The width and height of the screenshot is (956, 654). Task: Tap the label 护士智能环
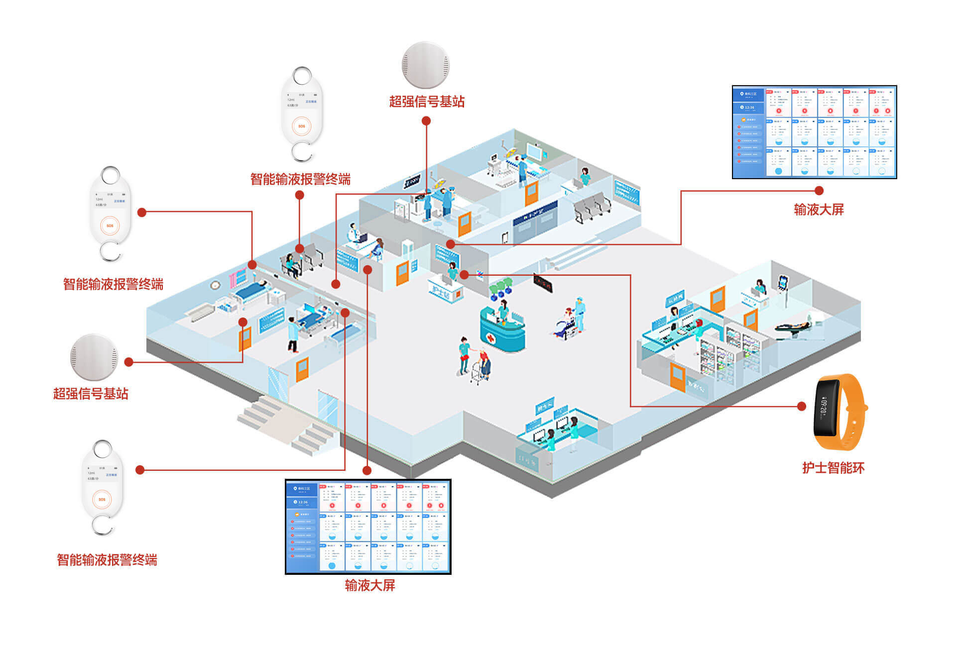[x=833, y=468]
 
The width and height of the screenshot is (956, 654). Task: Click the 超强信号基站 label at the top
[x=427, y=102]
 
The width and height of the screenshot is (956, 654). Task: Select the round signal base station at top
[x=426, y=65]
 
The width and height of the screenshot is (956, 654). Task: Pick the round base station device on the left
[x=94, y=357]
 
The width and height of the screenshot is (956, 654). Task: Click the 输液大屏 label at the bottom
[x=369, y=585]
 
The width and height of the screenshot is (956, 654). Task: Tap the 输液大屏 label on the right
[x=819, y=210]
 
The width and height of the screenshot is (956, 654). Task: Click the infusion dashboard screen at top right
[x=814, y=132]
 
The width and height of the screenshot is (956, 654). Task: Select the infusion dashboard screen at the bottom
[x=368, y=527]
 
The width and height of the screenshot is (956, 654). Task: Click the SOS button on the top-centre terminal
[x=302, y=126]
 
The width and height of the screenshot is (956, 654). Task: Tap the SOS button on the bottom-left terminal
[x=102, y=499]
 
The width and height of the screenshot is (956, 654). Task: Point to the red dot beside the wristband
[x=802, y=406]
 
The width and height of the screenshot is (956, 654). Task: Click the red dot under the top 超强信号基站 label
[x=426, y=121]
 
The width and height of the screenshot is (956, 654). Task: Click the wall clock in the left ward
[x=215, y=285]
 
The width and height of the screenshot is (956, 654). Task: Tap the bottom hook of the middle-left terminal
[x=111, y=251]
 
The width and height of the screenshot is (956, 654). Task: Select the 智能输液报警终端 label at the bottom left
[x=107, y=560]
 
